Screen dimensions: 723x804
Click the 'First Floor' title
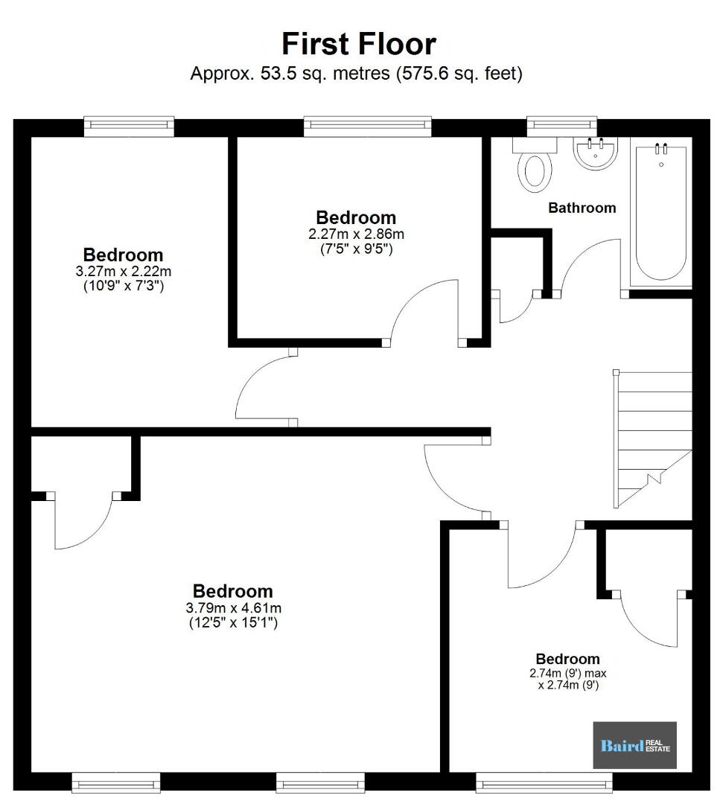point(359,44)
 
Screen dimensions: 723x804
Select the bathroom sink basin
point(595,153)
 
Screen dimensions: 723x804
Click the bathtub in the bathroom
point(661,212)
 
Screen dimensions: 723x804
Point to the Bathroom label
point(582,208)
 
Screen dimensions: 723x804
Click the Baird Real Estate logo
point(635,745)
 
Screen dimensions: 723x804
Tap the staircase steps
point(653,439)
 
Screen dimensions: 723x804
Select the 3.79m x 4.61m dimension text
point(233,608)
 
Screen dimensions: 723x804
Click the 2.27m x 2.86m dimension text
point(356,234)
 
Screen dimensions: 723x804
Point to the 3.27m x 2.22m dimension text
point(123,271)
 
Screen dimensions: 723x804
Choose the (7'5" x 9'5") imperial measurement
point(356,249)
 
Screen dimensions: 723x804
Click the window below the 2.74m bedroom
point(544,782)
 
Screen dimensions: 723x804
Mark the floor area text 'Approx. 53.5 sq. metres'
point(290,73)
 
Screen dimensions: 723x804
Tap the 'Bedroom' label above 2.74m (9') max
point(567,659)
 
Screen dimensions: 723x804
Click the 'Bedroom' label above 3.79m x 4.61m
point(233,591)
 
